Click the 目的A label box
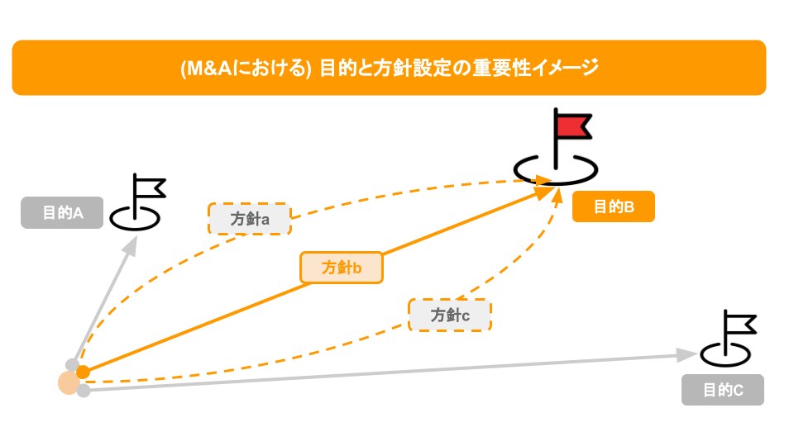pyautogui.click(x=62, y=213)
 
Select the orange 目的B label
pyautogui.click(x=613, y=206)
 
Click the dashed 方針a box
pyautogui.click(x=249, y=219)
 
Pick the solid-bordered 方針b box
pyautogui.click(x=341, y=268)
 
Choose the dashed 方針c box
pyautogui.click(x=449, y=315)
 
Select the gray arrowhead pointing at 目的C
pyautogui.click(x=686, y=354)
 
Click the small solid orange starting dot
pyautogui.click(x=83, y=372)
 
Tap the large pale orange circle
pyautogui.click(x=69, y=382)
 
